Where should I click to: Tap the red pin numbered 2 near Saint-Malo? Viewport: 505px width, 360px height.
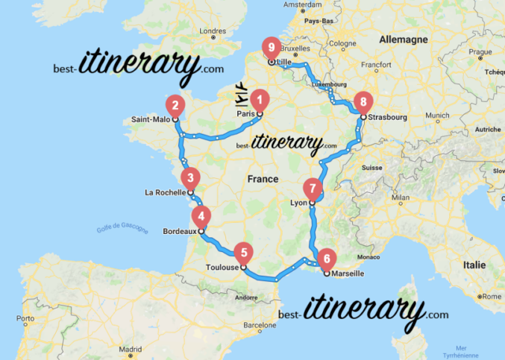click(175, 105)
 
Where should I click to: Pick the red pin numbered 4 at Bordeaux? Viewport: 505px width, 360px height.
click(200, 217)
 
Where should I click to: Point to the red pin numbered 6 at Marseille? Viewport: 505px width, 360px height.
click(326, 259)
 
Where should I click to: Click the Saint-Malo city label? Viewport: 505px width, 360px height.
click(149, 119)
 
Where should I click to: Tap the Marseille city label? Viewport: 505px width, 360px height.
click(348, 274)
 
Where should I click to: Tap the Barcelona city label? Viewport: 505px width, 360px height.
click(259, 325)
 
